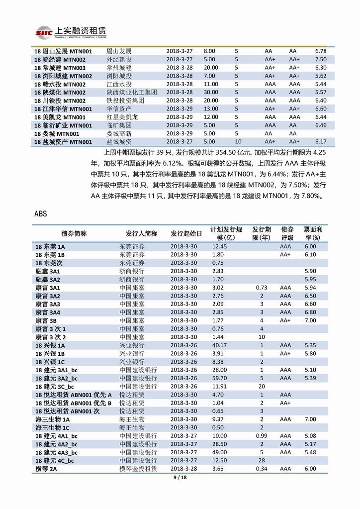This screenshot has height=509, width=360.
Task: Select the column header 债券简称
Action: [x=74, y=233]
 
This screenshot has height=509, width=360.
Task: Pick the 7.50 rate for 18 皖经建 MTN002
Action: [x=321, y=59]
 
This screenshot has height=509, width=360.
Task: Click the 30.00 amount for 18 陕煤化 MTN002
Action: [x=211, y=92]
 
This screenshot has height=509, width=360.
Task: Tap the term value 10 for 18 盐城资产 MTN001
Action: [x=238, y=142]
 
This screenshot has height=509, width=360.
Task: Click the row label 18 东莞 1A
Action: [x=50, y=246]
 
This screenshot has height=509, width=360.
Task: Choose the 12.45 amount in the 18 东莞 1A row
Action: [x=219, y=246]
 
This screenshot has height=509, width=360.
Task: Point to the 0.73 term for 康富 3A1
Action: [x=262, y=288]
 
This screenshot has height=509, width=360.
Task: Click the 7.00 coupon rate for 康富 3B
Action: [x=310, y=320]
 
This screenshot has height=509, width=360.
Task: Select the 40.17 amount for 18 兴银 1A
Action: [x=219, y=345]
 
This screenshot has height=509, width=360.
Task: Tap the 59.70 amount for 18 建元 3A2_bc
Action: [x=219, y=378]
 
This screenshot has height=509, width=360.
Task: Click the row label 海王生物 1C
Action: [x=52, y=427]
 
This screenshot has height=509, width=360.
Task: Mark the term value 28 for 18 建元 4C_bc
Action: [x=262, y=460]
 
